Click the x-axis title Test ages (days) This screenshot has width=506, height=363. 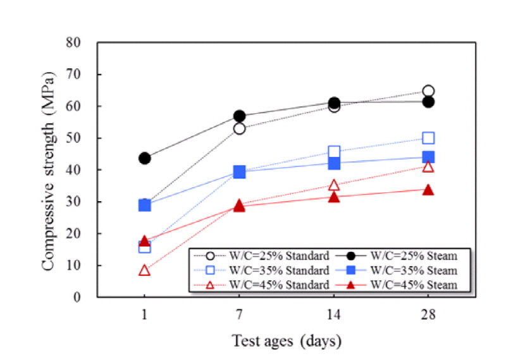click(286, 341)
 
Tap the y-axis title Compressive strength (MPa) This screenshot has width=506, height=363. click(49, 170)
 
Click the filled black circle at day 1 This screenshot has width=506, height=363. click(145, 158)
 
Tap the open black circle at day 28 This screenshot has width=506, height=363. click(428, 91)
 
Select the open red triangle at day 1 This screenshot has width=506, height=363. click(145, 270)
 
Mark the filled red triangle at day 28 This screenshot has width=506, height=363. click(428, 190)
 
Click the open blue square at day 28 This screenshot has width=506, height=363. click(428, 138)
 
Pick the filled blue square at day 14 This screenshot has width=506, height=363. click(334, 163)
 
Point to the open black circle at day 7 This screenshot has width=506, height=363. click(239, 128)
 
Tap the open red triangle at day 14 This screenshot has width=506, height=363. click(334, 185)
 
